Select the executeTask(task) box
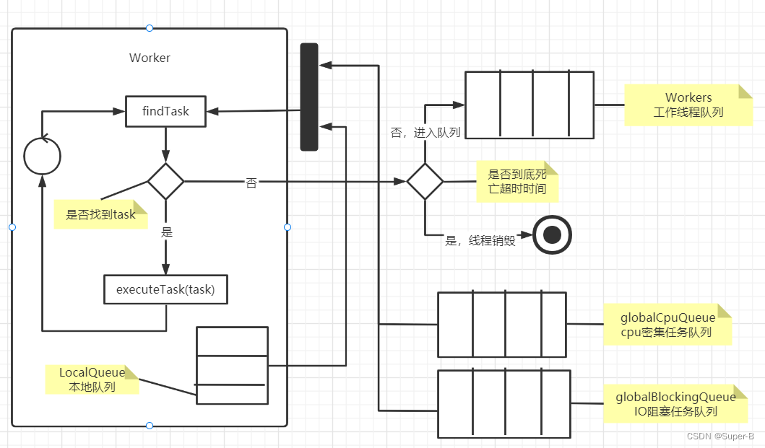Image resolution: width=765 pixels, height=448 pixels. coord(165,290)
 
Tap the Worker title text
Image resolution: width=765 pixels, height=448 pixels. coord(150,58)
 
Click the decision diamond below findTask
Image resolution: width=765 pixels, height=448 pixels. coord(166,181)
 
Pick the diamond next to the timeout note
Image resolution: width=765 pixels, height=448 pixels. coord(425,181)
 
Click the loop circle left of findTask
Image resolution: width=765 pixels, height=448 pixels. coord(42,156)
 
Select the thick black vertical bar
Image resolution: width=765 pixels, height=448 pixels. coord(309,97)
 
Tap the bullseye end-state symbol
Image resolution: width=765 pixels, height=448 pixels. coord(553,234)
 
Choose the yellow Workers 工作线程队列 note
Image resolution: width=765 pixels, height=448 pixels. coord(688,105)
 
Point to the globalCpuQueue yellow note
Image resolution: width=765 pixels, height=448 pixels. coord(667,325)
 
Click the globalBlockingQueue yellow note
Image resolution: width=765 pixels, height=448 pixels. coord(675,404)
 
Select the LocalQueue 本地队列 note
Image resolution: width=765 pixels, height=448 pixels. coord(92,379)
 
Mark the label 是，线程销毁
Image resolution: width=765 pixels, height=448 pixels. coord(480,241)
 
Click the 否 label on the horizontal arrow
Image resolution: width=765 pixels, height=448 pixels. coord(251,183)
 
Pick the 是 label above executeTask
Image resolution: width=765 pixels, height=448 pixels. coord(167,233)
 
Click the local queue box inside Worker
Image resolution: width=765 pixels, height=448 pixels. coord(232,366)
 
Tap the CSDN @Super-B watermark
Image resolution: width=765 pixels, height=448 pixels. coord(719,436)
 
